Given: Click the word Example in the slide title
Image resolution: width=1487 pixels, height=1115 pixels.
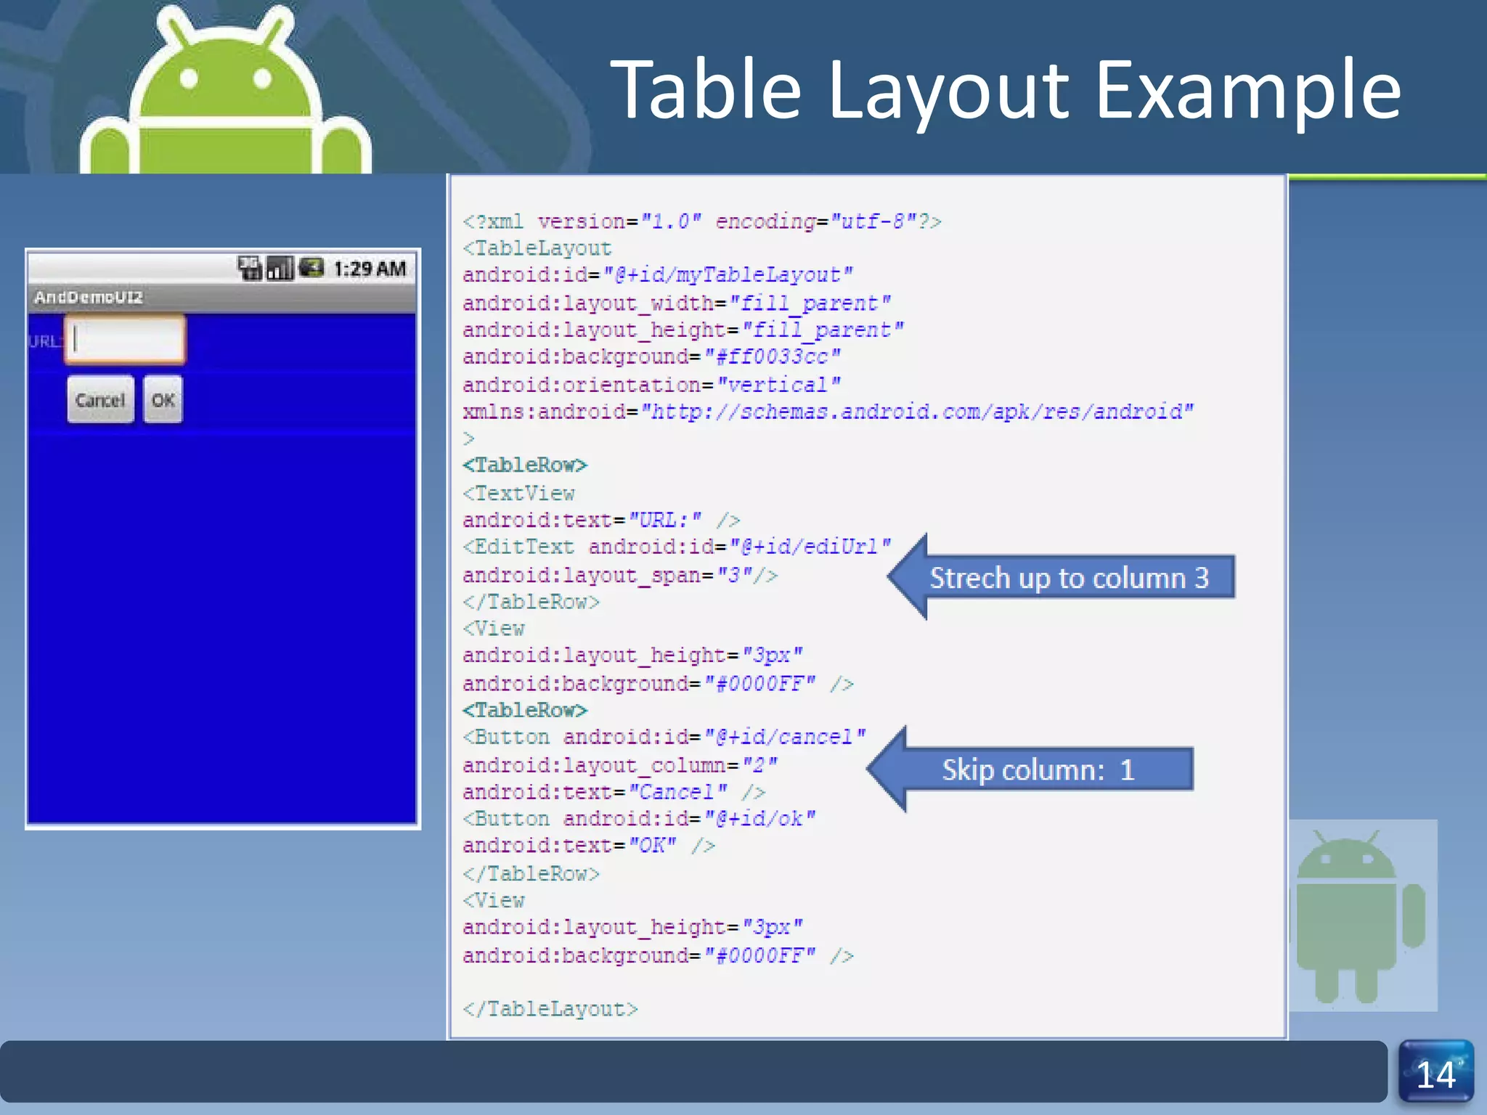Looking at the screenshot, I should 1247,90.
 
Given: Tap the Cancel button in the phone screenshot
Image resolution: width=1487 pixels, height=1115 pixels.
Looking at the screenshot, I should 100,399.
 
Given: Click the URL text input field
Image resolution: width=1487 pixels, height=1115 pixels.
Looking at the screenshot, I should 125,339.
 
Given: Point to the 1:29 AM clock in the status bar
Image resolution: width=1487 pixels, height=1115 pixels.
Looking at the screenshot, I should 370,269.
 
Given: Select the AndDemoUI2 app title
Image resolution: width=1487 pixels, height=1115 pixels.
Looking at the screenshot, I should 89,297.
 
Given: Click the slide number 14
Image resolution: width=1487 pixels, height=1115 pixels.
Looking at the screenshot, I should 1435,1074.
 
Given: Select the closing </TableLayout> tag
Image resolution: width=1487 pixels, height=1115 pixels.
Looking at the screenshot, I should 550,1009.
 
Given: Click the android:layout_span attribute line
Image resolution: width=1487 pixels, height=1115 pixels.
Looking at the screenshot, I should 619,576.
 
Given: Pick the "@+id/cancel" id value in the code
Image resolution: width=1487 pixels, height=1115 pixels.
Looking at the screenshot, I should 785,738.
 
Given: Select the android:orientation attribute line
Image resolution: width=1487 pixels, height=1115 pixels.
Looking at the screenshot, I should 651,385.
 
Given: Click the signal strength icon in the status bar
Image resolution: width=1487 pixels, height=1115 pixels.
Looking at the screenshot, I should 280,269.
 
